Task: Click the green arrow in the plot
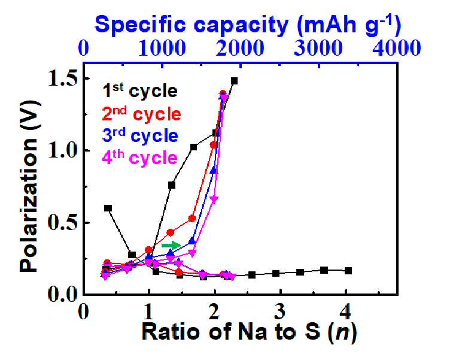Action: pos(171,245)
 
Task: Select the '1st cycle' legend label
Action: pos(140,90)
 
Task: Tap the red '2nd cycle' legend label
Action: pos(141,113)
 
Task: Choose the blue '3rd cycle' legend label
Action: pos(140,135)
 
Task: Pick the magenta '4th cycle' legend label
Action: pos(139,158)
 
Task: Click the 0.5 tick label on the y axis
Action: pos(62,223)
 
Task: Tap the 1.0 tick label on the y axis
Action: pos(62,151)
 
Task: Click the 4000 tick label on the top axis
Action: pos(397,48)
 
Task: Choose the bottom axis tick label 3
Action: pos(279,311)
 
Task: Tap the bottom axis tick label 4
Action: pos(346,311)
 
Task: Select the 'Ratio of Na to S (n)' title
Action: pos(250,332)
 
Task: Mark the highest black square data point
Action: pos(234,81)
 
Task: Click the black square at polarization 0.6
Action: pos(108,208)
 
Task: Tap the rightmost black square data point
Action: pos(348,271)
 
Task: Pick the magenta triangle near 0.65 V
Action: pos(214,199)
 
